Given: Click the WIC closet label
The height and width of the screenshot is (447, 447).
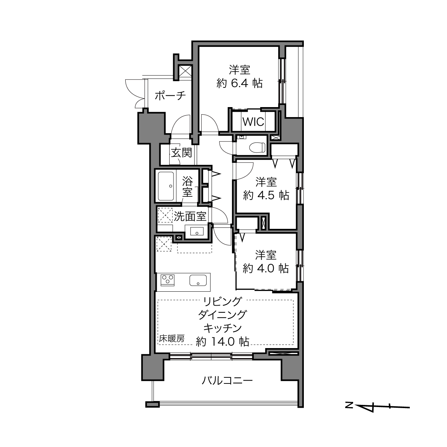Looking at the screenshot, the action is point(253,121).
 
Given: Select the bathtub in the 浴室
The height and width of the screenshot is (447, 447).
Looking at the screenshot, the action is point(166,186).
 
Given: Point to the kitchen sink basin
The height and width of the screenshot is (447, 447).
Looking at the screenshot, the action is point(198,280).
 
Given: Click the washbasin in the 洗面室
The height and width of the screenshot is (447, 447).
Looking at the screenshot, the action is point(197,231).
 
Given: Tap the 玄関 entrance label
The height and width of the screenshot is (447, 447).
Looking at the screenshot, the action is point(181,153).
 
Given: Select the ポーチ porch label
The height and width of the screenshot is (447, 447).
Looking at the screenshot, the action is point(170,95).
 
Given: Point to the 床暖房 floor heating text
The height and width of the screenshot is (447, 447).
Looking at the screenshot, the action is point(172,339).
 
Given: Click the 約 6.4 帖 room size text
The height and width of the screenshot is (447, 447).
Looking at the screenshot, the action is point(240,83).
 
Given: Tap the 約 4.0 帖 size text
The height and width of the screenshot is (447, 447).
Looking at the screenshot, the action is point(266,268).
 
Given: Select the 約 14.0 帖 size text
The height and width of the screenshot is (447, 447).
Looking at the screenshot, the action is point(222,341).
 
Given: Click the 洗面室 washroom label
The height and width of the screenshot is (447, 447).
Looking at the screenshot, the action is point(190,216).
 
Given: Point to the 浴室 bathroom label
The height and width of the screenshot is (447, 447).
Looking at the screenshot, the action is point(187,186).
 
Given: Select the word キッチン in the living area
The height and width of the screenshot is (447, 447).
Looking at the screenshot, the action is point(222,328).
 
